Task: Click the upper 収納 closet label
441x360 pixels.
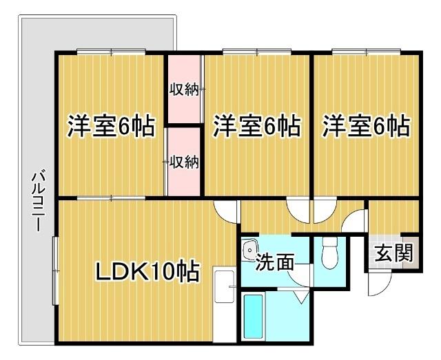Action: pos(184,89)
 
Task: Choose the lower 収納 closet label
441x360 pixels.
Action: pos(184,162)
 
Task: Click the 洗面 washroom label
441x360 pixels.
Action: pos(274,262)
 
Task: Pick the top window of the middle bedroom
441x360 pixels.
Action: pos(256,51)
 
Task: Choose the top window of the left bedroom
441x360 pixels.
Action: pos(111,51)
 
